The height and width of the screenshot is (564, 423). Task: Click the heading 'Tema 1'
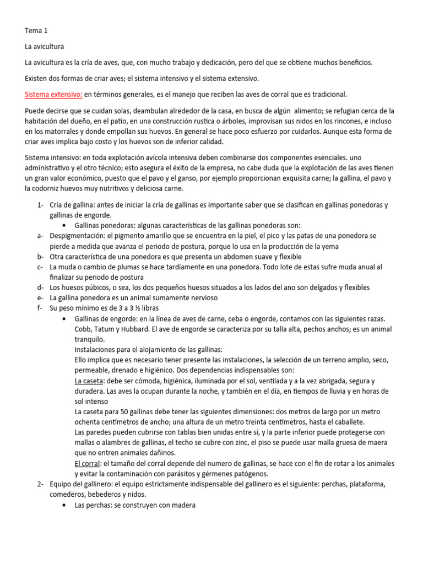click(36, 30)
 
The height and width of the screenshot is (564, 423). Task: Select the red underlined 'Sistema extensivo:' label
click(53, 94)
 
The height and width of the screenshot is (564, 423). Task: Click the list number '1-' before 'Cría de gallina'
click(40, 205)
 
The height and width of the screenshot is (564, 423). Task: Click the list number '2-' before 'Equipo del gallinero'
click(40, 484)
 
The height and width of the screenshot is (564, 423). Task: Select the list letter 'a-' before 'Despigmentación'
click(40, 235)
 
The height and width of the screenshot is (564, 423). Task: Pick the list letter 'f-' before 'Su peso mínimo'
click(40, 308)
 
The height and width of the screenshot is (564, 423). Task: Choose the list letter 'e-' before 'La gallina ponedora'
click(40, 297)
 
